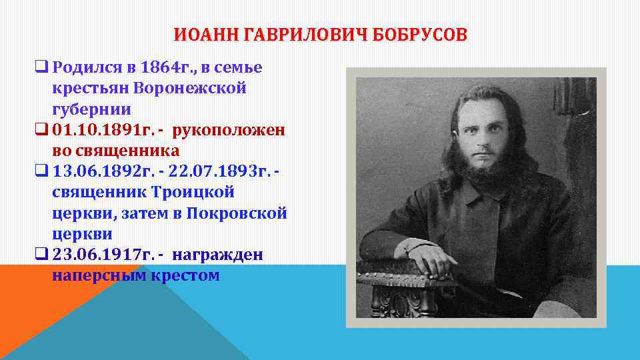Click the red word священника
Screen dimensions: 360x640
coord(124,150)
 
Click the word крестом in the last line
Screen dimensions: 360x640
coord(187,275)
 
